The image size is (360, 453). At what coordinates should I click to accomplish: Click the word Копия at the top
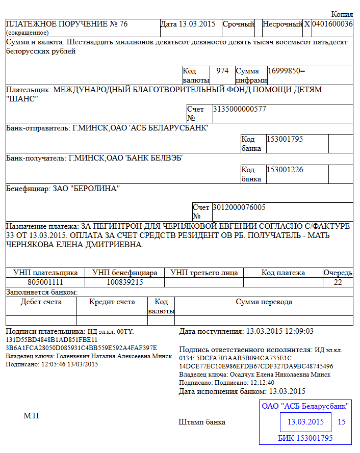click(x=342, y=14)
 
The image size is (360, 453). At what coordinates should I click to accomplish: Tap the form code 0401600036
click(x=332, y=24)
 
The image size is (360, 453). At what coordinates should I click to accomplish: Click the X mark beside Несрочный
click(x=307, y=24)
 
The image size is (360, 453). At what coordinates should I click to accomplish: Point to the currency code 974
click(x=222, y=71)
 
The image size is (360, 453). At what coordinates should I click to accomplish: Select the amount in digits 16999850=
click(x=286, y=71)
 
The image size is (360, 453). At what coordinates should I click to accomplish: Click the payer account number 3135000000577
click(x=239, y=109)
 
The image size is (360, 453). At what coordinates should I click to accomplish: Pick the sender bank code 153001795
click(x=285, y=139)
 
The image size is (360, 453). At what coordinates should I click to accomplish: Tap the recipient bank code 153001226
click(x=285, y=170)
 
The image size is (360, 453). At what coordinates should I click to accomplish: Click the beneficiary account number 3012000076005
click(x=239, y=207)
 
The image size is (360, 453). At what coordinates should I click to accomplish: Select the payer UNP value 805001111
click(x=45, y=282)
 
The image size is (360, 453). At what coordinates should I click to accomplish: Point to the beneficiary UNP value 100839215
click(x=124, y=282)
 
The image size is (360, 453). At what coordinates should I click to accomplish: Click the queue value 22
click(x=338, y=282)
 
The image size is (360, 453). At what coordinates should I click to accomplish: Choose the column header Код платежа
click(x=283, y=273)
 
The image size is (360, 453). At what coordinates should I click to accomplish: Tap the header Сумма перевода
click(x=264, y=302)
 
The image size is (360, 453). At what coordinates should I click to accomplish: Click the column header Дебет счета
click(x=41, y=302)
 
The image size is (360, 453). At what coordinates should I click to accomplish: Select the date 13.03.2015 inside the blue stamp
click(x=306, y=422)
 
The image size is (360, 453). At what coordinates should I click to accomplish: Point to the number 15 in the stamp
click(x=342, y=422)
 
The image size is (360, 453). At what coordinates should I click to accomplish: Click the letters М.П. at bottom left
click(x=32, y=416)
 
